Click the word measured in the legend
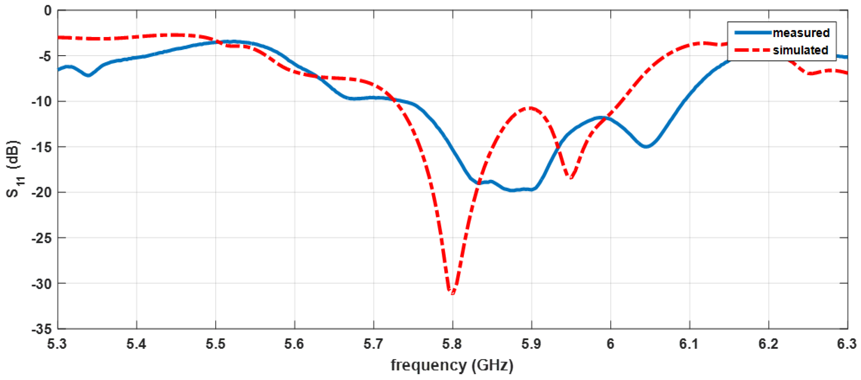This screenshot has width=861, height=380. point(801,33)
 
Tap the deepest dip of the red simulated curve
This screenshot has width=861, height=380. point(452,292)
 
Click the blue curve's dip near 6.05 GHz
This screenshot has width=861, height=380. point(647,146)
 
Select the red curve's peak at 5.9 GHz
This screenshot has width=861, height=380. point(530,108)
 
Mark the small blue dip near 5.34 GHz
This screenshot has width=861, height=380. point(88,75)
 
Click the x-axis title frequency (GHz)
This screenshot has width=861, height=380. point(452,365)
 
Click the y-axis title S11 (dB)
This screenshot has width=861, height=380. point(14,169)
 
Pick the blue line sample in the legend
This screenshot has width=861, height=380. point(753,33)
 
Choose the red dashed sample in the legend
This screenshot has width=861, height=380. point(753,50)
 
